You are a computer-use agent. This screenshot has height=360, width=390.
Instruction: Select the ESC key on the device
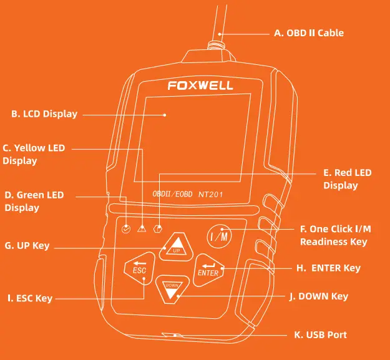[x=139, y=268]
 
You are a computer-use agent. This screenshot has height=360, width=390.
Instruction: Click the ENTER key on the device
[x=208, y=268]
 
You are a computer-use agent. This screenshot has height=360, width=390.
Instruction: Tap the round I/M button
[x=219, y=236]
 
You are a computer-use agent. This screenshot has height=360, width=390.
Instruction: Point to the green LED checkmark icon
[x=127, y=228]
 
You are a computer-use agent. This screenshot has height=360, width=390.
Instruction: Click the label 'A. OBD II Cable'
[x=309, y=33]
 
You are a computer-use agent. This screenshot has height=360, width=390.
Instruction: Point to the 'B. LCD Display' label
[x=44, y=114]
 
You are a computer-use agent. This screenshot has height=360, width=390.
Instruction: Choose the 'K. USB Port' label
[x=320, y=335]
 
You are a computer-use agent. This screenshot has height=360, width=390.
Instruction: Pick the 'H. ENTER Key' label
[x=328, y=268]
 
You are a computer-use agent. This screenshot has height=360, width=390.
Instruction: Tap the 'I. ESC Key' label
[x=30, y=299]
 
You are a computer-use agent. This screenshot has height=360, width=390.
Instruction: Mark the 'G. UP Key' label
[x=27, y=246]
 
